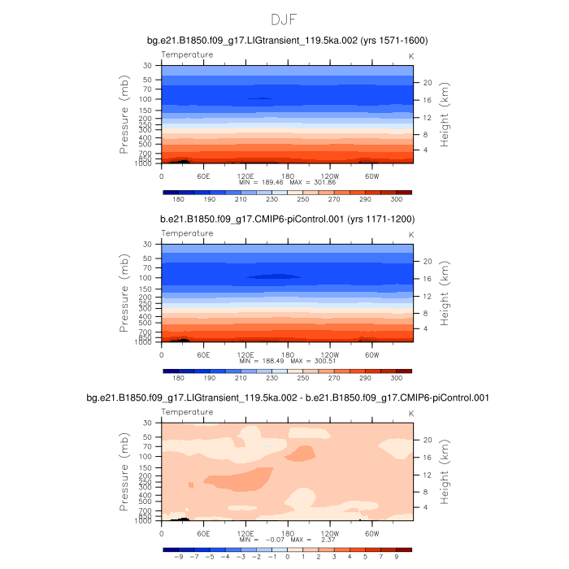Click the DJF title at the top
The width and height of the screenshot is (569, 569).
click(x=284, y=19)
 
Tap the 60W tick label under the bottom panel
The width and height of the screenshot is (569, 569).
click(x=372, y=532)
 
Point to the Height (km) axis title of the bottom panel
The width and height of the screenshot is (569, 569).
click(x=445, y=473)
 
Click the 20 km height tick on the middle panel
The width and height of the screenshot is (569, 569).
click(x=427, y=261)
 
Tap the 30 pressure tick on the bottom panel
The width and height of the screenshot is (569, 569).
click(x=148, y=423)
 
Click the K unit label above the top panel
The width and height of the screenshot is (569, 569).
click(x=410, y=55)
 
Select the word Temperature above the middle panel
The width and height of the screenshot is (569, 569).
click(x=187, y=233)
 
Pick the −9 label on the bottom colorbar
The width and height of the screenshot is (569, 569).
click(x=178, y=558)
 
